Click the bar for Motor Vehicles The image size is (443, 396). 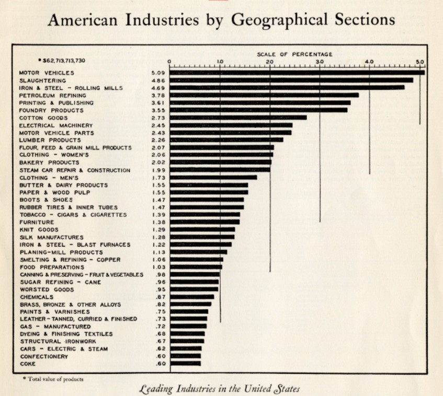(297, 73)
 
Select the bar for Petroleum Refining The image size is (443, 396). (264, 95)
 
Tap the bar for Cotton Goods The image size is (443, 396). (238, 118)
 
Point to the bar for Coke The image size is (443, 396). (185, 364)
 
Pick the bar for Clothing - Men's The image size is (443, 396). (213, 178)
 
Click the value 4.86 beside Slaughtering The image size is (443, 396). (158, 81)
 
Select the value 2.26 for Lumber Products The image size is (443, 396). (158, 141)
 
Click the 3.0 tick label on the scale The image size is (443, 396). (320, 62)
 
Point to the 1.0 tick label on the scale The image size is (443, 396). (220, 62)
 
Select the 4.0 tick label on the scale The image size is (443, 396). (369, 62)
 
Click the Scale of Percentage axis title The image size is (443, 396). (294, 54)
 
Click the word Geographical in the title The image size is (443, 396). (279, 20)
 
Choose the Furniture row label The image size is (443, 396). (37, 223)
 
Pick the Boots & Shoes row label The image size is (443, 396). (46, 200)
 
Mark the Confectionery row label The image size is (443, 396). (44, 356)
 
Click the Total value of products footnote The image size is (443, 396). (53, 379)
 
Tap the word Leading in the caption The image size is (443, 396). (156, 389)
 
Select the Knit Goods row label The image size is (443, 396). (39, 230)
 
